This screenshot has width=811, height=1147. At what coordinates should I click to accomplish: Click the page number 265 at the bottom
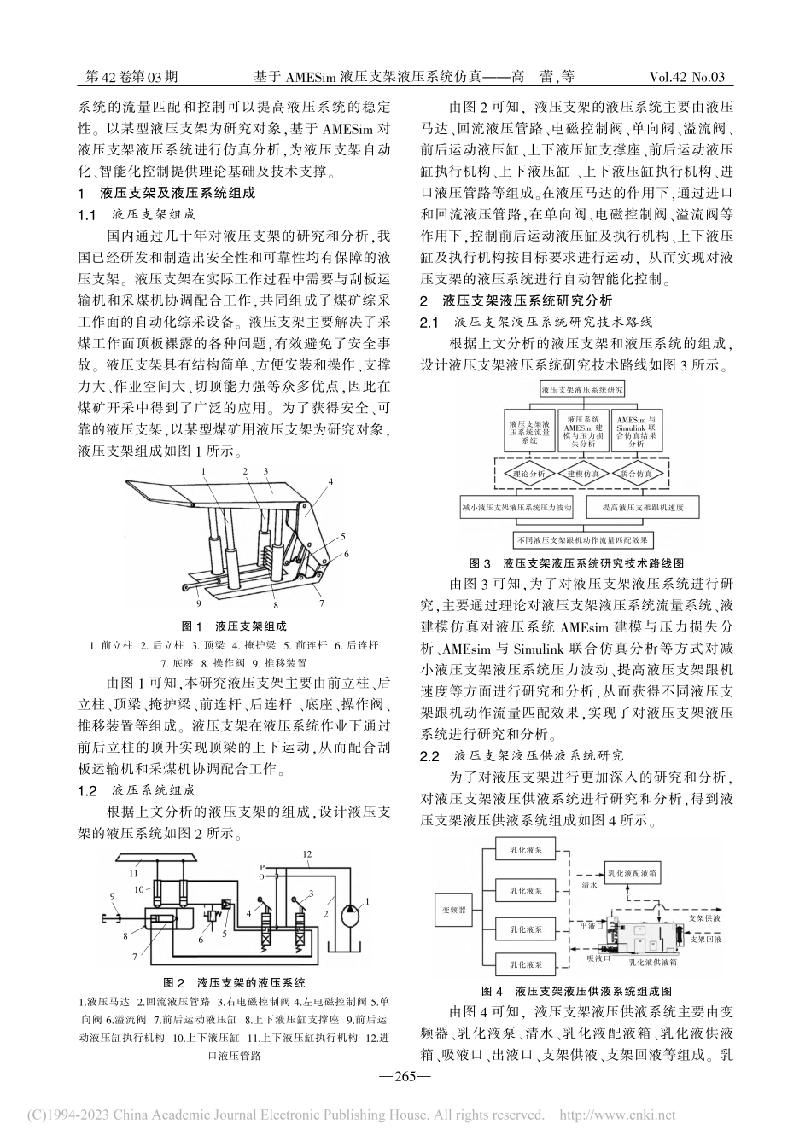point(405,1076)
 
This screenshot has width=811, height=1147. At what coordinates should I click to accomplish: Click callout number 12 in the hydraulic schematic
point(306,854)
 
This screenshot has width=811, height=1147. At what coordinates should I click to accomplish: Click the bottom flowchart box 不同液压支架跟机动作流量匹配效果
point(582,540)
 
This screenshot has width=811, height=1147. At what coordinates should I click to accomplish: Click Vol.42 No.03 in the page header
point(687,77)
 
